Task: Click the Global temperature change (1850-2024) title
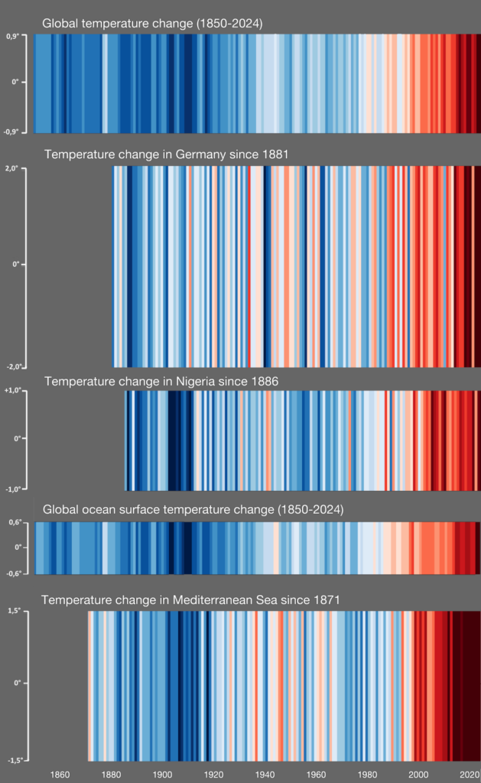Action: point(152,24)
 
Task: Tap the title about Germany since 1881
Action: point(166,154)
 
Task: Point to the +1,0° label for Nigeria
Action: point(13,391)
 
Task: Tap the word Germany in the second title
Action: point(200,154)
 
